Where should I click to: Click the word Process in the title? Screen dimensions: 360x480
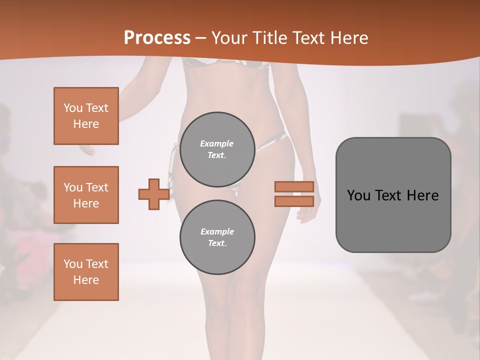coord(157,37)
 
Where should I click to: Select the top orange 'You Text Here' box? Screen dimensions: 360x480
coord(86,116)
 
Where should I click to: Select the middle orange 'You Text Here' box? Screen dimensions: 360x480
coord(86,195)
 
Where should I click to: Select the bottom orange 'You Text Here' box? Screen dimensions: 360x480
coord(86,272)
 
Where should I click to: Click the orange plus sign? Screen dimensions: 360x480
coord(153,194)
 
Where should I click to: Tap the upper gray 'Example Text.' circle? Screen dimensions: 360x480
coord(217,149)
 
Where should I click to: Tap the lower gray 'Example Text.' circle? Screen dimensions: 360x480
coord(217,237)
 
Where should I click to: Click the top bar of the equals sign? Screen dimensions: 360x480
coord(294,186)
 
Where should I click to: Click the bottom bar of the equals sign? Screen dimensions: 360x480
coord(294,201)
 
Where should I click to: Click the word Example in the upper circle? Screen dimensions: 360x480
coord(217,143)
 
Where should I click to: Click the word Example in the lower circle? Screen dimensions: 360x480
coord(217,231)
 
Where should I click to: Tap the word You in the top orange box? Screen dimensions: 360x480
coord(73,108)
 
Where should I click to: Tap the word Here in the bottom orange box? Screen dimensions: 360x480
coord(86,280)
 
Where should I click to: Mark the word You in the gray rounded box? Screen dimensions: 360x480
coord(358,195)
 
